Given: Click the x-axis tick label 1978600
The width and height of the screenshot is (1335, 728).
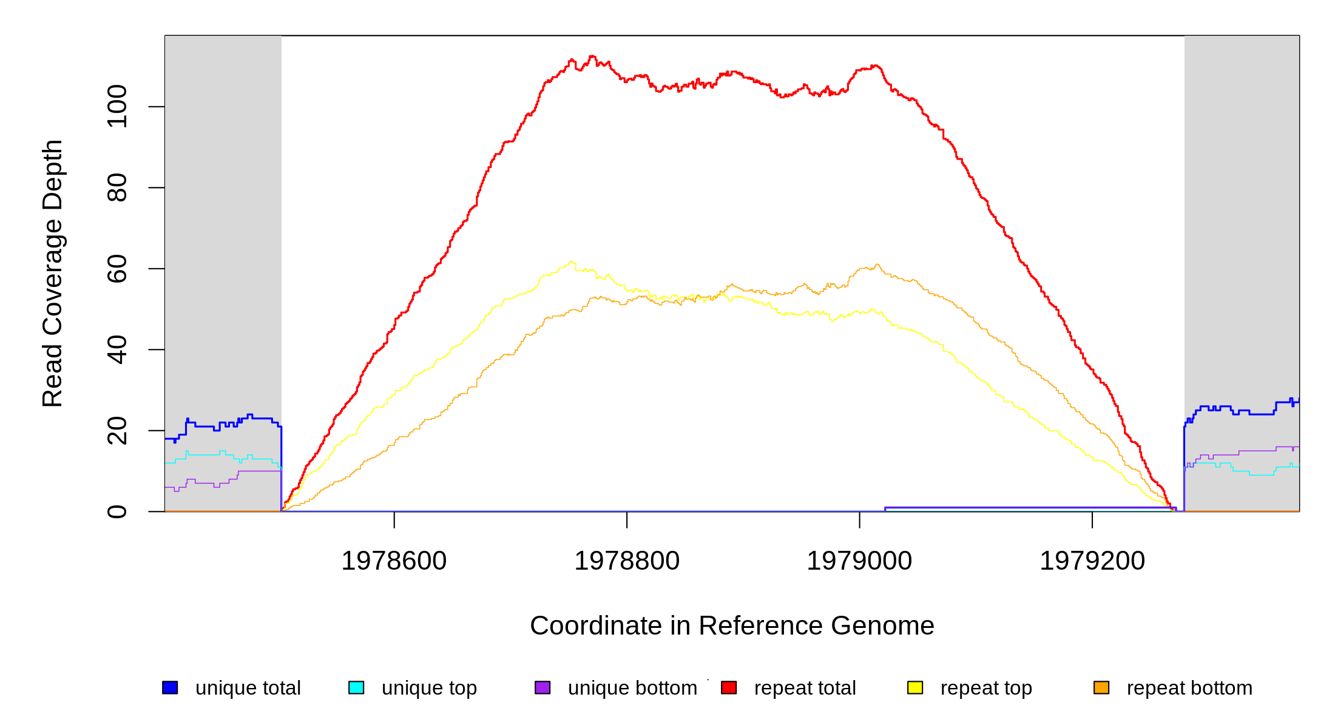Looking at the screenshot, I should (394, 561).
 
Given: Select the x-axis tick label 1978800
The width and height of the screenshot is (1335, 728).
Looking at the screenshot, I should (627, 561).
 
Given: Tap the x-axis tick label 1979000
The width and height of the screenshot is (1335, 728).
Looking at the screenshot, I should (859, 561).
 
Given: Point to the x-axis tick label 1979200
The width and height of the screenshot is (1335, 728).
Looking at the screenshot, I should (1092, 561).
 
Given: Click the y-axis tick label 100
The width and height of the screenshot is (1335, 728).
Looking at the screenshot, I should (117, 107).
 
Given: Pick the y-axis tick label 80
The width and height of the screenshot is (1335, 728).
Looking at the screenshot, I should (117, 187).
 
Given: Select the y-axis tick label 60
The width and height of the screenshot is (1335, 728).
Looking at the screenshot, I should (117, 269).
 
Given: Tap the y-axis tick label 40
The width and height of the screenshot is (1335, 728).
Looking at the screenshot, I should (117, 349).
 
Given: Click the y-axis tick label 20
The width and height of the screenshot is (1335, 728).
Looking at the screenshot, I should (117, 431).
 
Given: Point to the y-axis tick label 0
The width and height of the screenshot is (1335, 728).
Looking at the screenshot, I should (117, 511).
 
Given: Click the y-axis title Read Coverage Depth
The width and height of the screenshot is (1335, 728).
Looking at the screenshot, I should (53, 274).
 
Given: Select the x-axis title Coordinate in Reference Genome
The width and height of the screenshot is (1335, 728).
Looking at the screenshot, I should (732, 626).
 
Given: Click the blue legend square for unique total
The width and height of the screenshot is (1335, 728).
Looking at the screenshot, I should (170, 687).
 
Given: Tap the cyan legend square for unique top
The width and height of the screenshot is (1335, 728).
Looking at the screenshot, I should (356, 687).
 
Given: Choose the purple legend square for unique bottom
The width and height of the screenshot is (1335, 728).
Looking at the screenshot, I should (542, 687).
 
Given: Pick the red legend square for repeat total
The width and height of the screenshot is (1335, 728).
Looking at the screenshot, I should (729, 687).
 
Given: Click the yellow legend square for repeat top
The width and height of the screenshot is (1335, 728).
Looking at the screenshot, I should (915, 687).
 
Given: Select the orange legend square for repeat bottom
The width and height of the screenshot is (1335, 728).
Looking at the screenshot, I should (1101, 687).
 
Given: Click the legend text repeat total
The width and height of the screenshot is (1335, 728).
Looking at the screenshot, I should (805, 688).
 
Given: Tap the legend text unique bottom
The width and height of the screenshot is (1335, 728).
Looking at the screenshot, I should (632, 688).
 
